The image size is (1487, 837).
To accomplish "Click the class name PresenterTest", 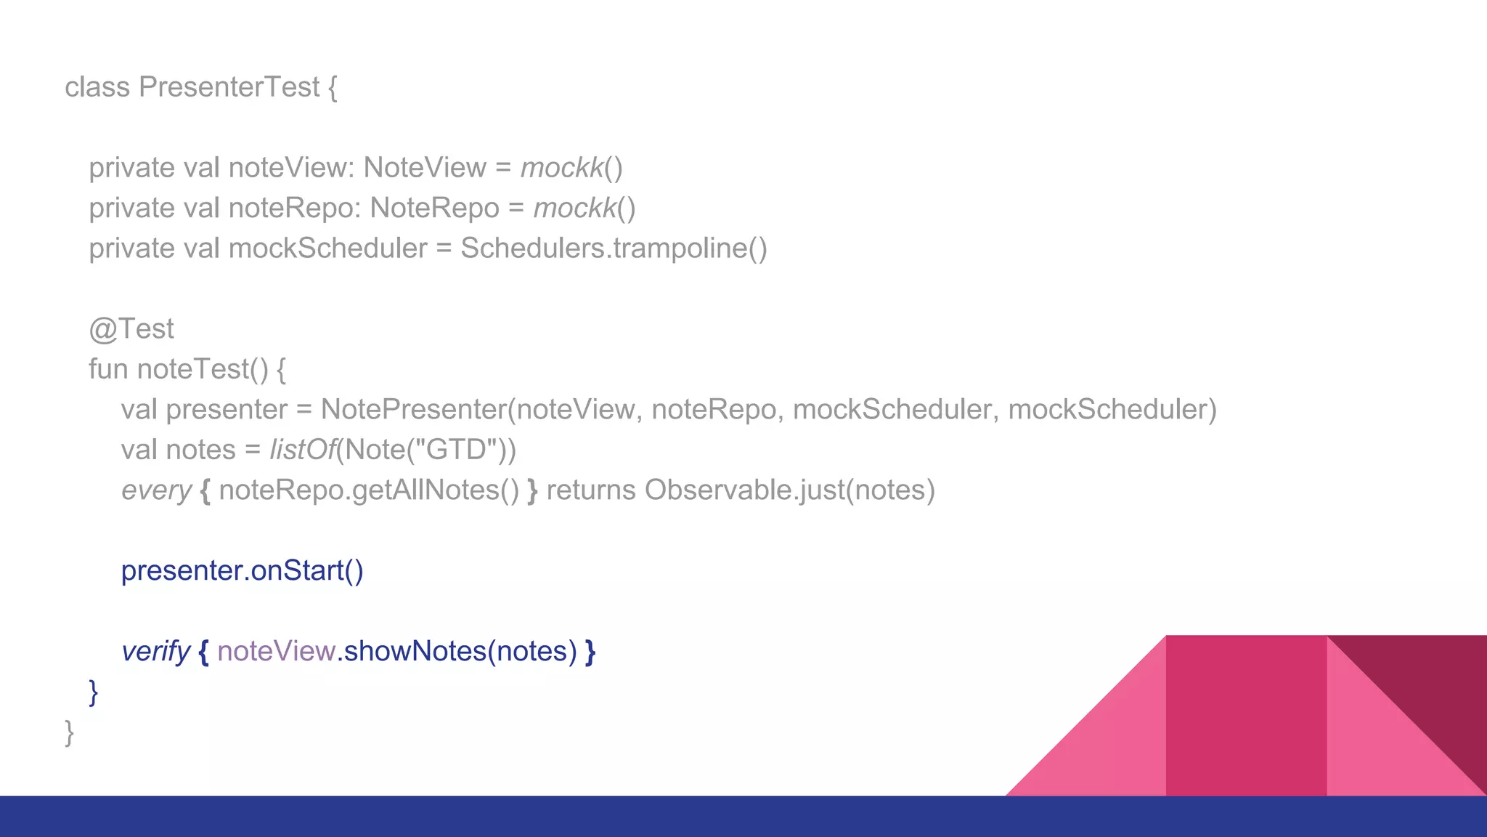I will (229, 87).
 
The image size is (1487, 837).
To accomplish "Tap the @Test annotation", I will (131, 329).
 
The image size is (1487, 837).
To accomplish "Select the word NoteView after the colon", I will (425, 168).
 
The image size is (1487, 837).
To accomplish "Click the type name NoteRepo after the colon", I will (434, 209).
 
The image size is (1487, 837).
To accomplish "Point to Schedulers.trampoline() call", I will (614, 248).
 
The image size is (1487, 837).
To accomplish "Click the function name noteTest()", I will (203, 369).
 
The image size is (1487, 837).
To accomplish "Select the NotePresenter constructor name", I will (412, 410).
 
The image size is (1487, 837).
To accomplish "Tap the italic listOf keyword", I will (302, 450).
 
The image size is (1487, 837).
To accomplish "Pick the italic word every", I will (156, 490).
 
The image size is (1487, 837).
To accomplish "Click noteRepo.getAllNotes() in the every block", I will (369, 490).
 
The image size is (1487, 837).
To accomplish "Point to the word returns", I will (591, 490).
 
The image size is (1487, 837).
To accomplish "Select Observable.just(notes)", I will (790, 490).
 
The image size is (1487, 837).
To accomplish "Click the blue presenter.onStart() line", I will (242, 571).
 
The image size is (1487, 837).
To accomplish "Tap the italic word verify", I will (155, 652).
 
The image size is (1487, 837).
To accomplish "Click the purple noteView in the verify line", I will (276, 652).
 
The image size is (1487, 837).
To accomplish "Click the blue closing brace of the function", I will (93, 692).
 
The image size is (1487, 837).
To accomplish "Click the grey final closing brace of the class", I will (69, 732).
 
